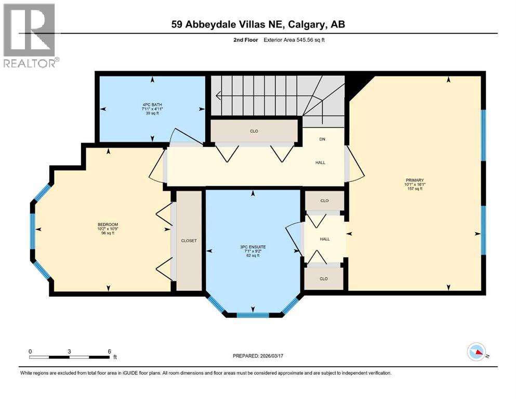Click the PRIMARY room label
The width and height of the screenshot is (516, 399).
click(x=414, y=179)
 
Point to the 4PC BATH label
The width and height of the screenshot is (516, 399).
click(x=152, y=105)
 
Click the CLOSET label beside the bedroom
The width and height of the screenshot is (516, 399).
click(x=189, y=241)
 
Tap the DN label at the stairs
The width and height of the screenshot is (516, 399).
click(x=322, y=139)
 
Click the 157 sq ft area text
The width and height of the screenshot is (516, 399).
click(x=414, y=189)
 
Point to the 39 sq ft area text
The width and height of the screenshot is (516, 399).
click(x=152, y=114)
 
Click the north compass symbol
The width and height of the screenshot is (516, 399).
click(x=477, y=352)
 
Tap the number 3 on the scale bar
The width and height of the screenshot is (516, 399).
click(x=69, y=351)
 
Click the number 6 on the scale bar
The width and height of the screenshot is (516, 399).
click(x=109, y=351)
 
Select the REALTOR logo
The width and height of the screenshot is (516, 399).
click(x=30, y=36)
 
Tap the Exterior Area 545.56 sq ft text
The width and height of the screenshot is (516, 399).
click(x=289, y=39)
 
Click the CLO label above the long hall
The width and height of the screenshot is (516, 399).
click(x=254, y=131)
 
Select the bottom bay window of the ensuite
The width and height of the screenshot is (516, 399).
click(x=253, y=314)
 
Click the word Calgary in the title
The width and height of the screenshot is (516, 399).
click(x=305, y=24)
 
